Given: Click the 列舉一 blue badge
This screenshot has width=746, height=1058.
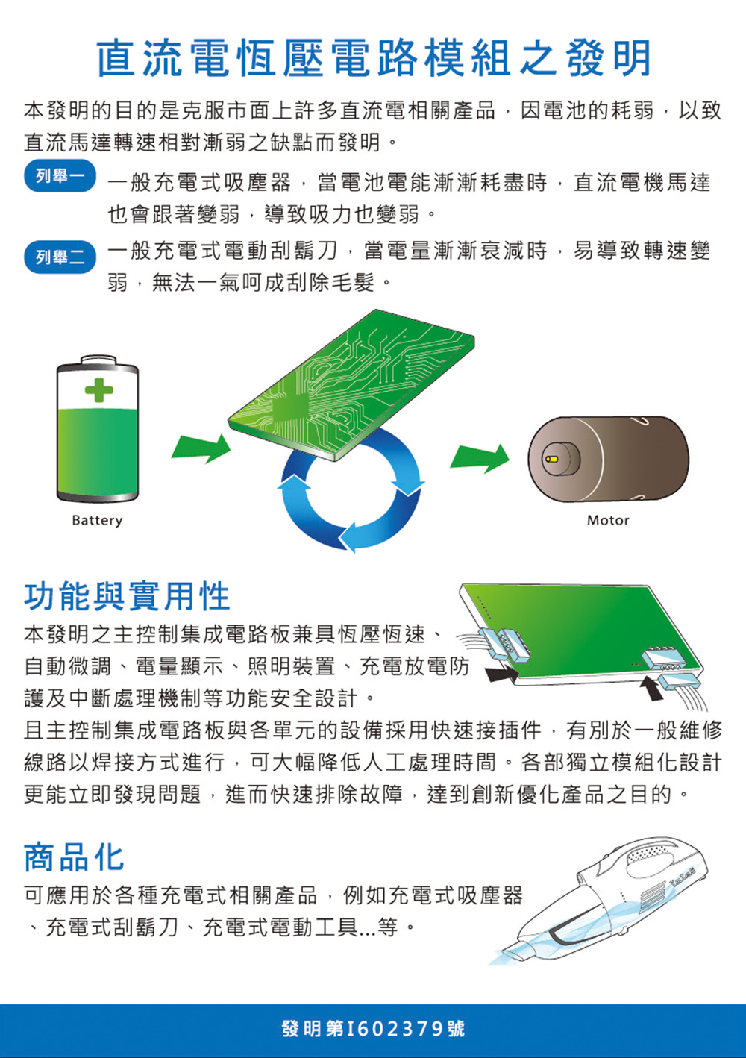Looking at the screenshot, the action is [60, 177].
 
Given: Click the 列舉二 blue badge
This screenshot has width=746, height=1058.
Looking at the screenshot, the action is [60, 258].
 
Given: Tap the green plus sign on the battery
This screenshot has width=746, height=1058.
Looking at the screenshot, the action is [99, 389].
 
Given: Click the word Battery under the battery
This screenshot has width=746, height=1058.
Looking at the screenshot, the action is [97, 521].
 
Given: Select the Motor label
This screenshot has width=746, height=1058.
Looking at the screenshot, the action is [608, 521].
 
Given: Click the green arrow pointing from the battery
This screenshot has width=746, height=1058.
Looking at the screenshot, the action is [201, 448].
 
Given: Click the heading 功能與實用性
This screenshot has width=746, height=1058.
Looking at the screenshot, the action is [127, 597].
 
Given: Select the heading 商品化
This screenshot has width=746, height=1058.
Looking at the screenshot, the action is [74, 857].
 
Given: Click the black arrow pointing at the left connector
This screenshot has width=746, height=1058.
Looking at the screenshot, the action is [502, 673].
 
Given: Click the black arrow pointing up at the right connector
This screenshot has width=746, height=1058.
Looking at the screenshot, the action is [652, 690].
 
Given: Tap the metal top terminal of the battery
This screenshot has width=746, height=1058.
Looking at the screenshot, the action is [98, 360].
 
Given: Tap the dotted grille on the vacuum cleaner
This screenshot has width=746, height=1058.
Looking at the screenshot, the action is [651, 854].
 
